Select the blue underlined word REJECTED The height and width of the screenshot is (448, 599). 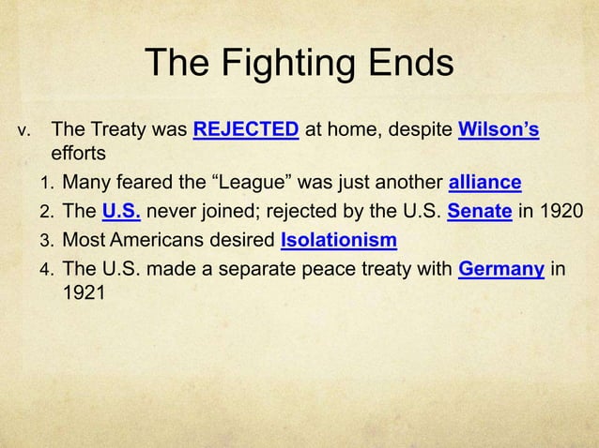pos(246,129)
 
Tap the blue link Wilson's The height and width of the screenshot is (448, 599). pos(499,129)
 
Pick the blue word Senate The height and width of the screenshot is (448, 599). pos(479,211)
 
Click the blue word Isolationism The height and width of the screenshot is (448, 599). pos(338,241)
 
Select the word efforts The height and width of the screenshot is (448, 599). pos(80,152)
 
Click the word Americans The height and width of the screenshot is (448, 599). pos(162,241)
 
